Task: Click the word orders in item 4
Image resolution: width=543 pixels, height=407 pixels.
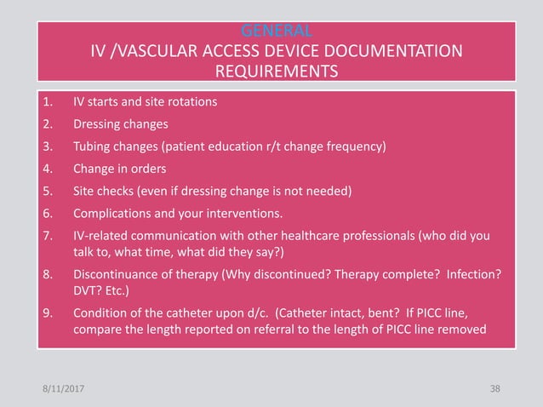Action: (159, 168)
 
